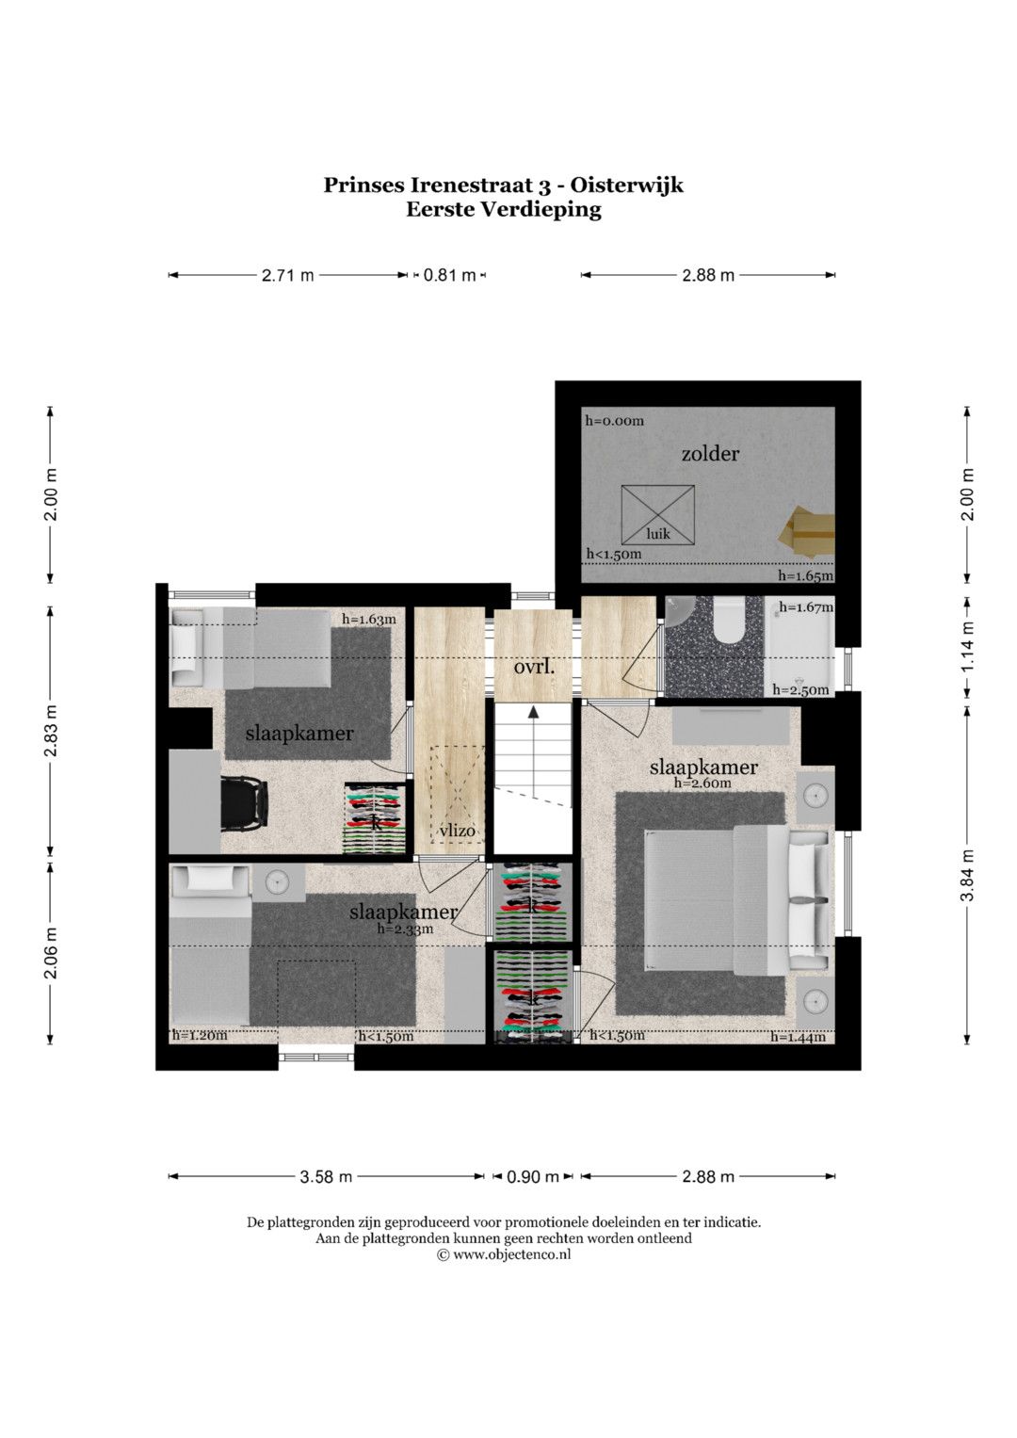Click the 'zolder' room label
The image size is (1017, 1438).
(710, 454)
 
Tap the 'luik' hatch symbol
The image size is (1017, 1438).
(657, 514)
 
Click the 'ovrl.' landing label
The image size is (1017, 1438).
(534, 667)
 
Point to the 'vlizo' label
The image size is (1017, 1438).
(458, 832)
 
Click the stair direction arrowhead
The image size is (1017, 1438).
(533, 711)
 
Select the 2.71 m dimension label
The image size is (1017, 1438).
(287, 275)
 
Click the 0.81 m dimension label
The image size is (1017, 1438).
(449, 275)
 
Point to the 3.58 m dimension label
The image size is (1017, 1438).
(326, 1177)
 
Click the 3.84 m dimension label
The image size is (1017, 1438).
(968, 875)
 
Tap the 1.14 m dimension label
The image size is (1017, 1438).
(968, 646)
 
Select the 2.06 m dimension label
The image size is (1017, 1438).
(51, 953)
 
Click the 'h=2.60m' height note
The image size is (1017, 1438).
(702, 784)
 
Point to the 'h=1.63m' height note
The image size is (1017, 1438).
(368, 620)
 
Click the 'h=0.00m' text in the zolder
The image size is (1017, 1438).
(614, 421)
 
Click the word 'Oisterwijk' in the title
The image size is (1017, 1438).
(626, 186)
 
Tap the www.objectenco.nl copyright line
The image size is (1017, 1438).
(504, 1253)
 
